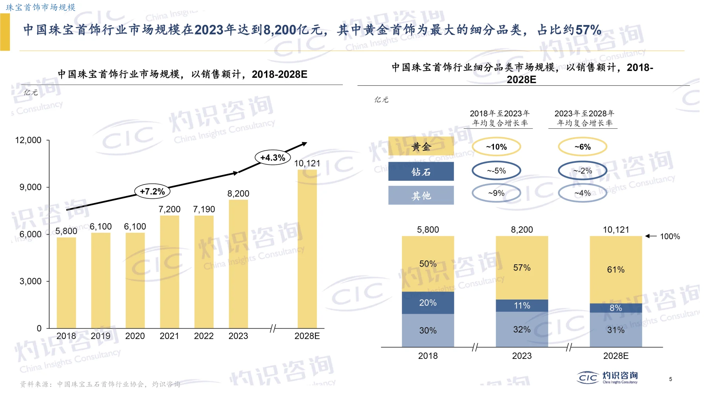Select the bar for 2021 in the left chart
click(x=169, y=271)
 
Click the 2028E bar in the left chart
click(x=307, y=249)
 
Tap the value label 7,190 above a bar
click(x=204, y=209)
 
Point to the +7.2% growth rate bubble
click(x=153, y=191)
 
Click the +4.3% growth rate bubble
click(x=272, y=158)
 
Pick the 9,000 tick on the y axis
click(x=30, y=187)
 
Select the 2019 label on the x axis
click(x=100, y=336)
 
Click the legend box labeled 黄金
click(x=421, y=147)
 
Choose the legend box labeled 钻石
click(x=421, y=172)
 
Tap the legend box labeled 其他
click(x=421, y=195)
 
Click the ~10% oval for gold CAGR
click(x=496, y=147)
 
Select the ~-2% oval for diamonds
click(x=583, y=170)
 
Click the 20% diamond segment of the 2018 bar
click(x=428, y=303)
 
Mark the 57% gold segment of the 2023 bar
click(x=522, y=268)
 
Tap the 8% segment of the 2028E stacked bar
click(x=616, y=308)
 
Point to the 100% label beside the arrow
click(x=670, y=236)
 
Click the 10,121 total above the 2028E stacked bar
click(x=616, y=230)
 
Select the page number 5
click(x=670, y=379)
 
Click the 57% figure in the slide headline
click(x=588, y=30)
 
